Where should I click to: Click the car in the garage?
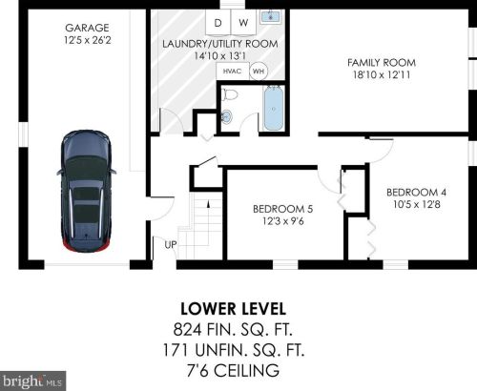click(x=86, y=191)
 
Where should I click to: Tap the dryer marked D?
click(x=218, y=22)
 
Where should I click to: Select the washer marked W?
click(x=243, y=22)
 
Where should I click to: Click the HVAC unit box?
click(x=233, y=72)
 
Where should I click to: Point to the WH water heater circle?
click(x=259, y=72)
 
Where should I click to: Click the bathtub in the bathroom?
click(x=274, y=108)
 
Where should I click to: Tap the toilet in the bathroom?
click(x=230, y=94)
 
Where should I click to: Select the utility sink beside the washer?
click(x=271, y=16)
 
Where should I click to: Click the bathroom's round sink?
click(x=227, y=116)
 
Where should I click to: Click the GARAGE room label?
click(x=87, y=28)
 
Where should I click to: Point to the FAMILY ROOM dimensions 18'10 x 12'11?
click(x=382, y=75)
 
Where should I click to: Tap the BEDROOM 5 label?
click(x=283, y=209)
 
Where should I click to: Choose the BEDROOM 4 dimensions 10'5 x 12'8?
click(x=417, y=204)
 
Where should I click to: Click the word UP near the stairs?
click(x=171, y=245)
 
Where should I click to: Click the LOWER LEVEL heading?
click(x=234, y=309)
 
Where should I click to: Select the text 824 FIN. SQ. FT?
click(x=233, y=329)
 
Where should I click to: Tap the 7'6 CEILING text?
click(x=233, y=371)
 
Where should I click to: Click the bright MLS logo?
click(x=32, y=381)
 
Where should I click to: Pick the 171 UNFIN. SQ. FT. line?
click(x=234, y=350)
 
